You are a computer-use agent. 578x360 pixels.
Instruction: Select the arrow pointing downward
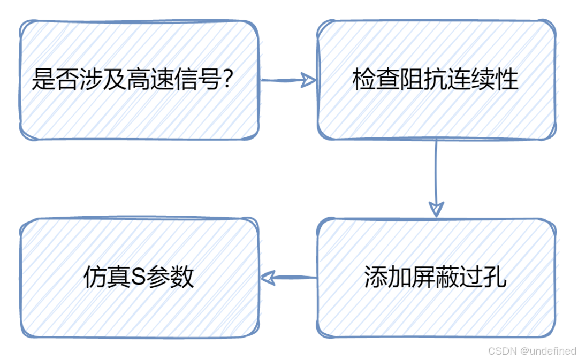point(436,177)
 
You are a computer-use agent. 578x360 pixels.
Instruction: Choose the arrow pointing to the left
point(289,277)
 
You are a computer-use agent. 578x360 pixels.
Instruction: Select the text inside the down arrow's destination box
point(431,277)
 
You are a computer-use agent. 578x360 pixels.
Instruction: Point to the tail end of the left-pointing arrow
point(314,277)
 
